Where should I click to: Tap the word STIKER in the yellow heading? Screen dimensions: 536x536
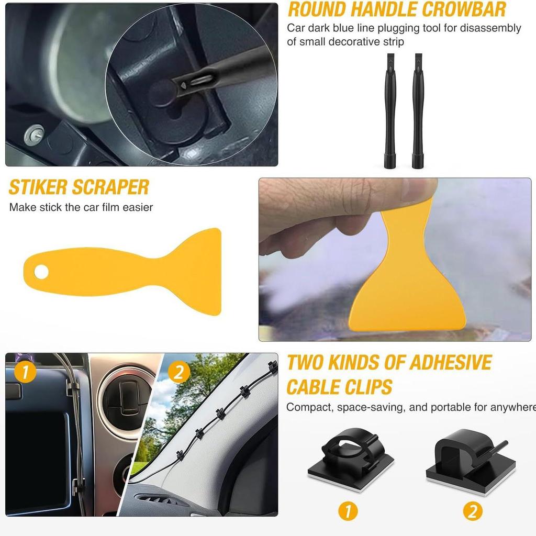[x=38, y=187]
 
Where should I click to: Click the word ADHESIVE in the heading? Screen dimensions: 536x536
[x=450, y=362]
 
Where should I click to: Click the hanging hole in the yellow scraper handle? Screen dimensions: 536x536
[x=41, y=272]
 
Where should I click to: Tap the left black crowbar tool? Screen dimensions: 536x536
[x=390, y=110]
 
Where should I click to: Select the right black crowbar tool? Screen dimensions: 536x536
[x=418, y=110]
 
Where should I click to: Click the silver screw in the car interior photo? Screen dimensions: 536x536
[x=34, y=133]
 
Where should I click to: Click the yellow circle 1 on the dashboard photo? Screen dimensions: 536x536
[x=25, y=372]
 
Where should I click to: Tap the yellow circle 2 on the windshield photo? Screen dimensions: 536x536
[x=179, y=372]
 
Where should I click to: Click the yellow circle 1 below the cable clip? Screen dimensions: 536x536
[x=348, y=511]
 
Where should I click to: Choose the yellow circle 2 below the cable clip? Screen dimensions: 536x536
[x=473, y=511]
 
